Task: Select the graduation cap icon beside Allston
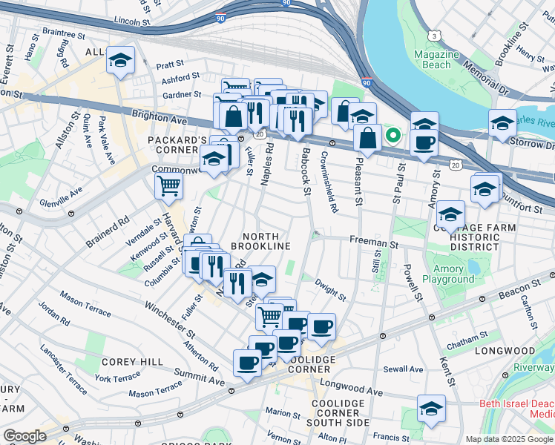(x=119, y=62)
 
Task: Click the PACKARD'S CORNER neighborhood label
(x=177, y=145)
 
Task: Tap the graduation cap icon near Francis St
(x=430, y=409)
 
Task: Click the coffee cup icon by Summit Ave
(x=247, y=363)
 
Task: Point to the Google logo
(x=24, y=436)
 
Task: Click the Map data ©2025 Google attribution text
(x=509, y=439)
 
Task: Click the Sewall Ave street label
(x=403, y=369)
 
